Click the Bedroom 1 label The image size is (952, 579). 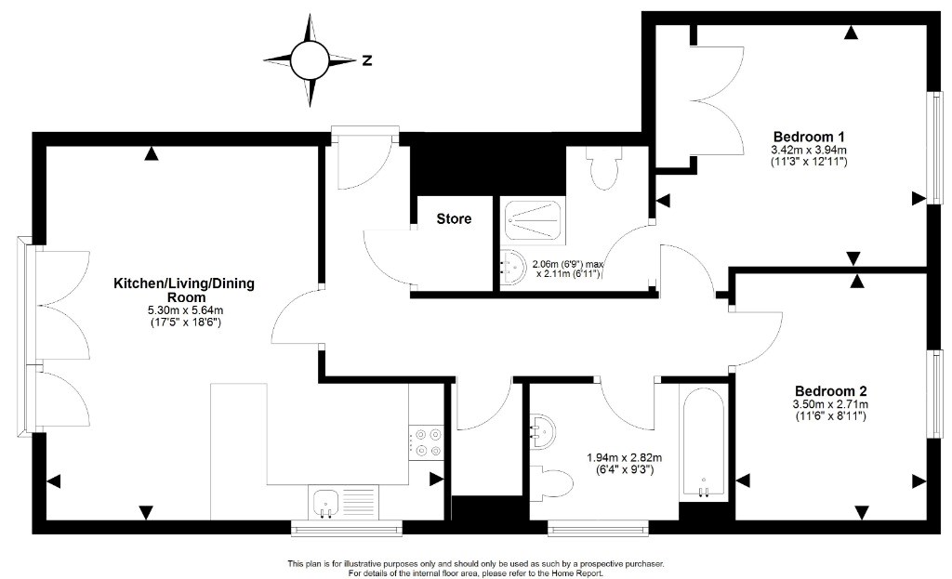(809, 137)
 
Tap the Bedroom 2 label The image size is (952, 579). (830, 391)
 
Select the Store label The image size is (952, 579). (454, 218)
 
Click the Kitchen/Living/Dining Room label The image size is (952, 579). (185, 290)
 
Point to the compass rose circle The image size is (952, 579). (310, 60)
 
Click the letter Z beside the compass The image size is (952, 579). (366, 60)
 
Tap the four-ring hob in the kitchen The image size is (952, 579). (427, 442)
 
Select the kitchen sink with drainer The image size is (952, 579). (343, 503)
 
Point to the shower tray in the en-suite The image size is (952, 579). (533, 218)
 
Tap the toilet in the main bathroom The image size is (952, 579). (551, 483)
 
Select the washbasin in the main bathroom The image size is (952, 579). (542, 431)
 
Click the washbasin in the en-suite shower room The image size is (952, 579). (513, 268)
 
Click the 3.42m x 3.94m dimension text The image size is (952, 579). (809, 151)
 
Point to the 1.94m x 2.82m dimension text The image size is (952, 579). (624, 457)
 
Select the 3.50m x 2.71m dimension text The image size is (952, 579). (830, 405)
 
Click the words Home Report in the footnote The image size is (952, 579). (578, 572)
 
